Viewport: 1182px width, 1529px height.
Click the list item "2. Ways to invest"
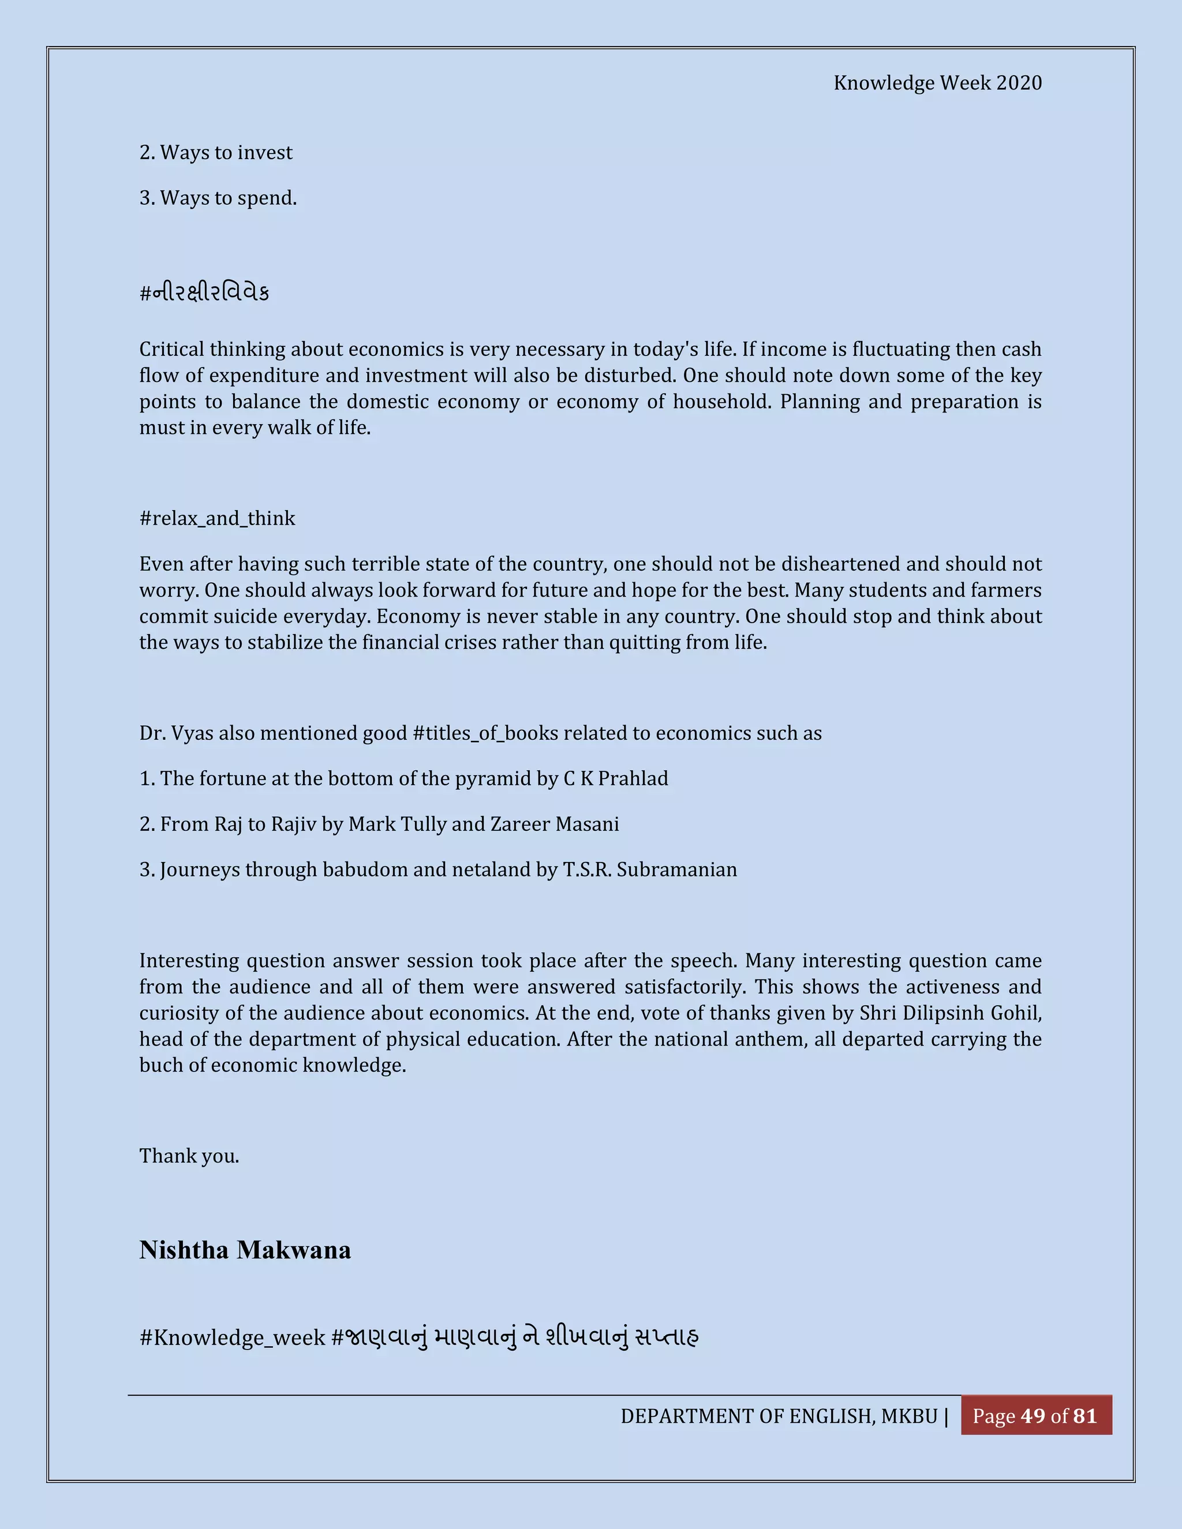click(x=216, y=153)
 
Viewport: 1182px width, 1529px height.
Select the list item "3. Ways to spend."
click(x=218, y=198)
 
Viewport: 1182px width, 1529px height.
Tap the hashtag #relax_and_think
click(x=217, y=519)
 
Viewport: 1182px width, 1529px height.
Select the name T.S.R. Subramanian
click(x=650, y=870)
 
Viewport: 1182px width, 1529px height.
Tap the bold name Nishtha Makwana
click(x=245, y=1250)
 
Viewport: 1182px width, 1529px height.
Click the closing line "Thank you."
click(x=189, y=1156)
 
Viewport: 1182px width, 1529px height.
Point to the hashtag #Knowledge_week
click(x=233, y=1338)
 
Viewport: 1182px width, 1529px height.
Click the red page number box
click(x=1035, y=1415)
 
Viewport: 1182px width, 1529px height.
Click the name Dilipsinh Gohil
click(x=972, y=1013)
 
